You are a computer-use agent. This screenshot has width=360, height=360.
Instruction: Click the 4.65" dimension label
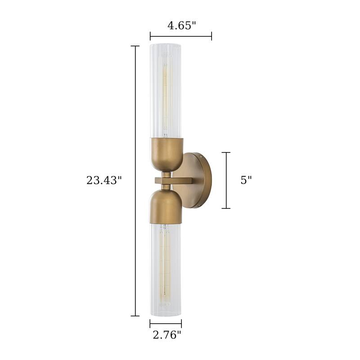click(x=182, y=25)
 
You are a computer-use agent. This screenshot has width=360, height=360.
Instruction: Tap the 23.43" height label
click(x=104, y=180)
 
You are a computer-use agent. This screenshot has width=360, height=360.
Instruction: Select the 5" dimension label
click(x=246, y=180)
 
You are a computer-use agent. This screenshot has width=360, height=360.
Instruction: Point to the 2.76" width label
click(x=166, y=334)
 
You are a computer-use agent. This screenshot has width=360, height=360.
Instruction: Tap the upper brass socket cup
click(x=166, y=153)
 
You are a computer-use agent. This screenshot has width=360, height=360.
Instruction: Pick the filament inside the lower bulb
click(x=166, y=265)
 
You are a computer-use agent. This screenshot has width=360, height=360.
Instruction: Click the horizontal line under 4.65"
click(x=181, y=36)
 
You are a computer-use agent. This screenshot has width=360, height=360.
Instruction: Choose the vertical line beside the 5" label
click(x=226, y=180)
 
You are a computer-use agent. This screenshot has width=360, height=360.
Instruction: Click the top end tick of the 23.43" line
click(x=135, y=46)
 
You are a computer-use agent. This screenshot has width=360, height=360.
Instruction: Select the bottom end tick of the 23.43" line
click(x=135, y=316)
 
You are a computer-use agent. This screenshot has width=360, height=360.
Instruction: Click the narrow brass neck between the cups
click(x=166, y=174)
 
